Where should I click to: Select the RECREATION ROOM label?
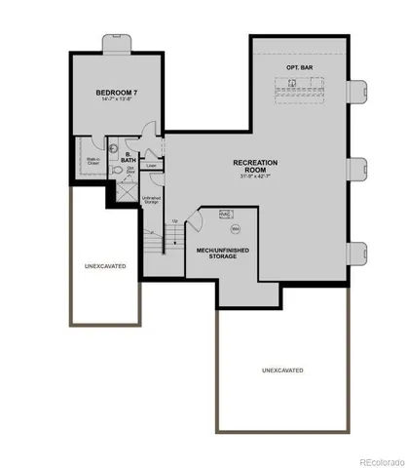(x=256, y=166)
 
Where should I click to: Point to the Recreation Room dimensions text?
(x=256, y=177)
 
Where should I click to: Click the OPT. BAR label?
(x=298, y=66)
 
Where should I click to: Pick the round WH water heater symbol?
(x=236, y=229)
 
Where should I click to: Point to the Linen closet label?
(x=152, y=166)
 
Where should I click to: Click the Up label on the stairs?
(x=174, y=220)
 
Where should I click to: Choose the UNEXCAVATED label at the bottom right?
(x=282, y=370)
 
